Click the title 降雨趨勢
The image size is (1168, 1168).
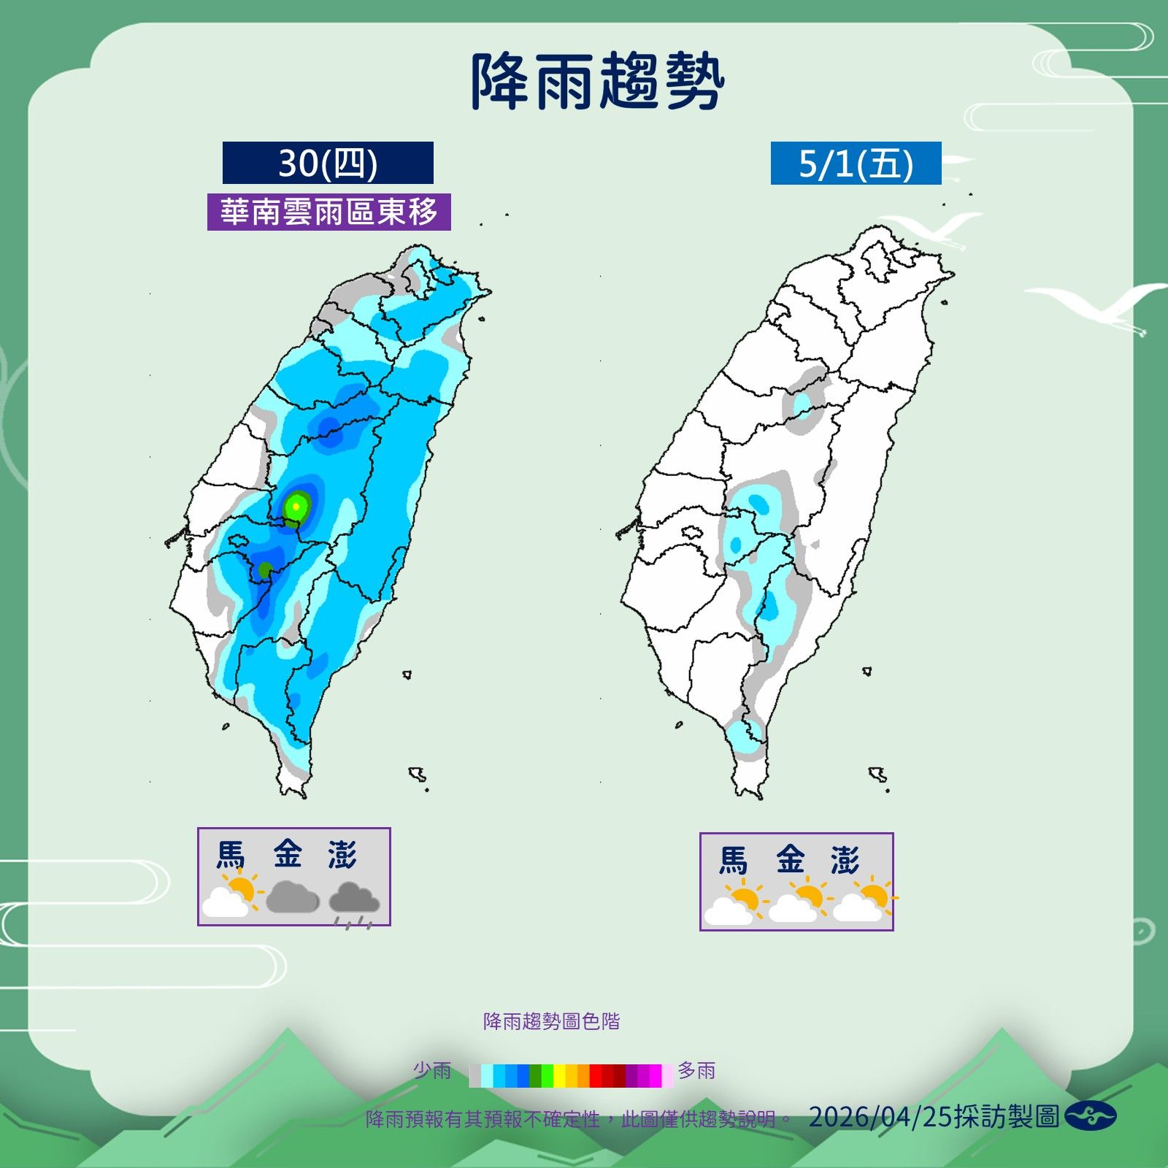[x=597, y=82]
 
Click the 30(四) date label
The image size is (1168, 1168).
[x=328, y=163]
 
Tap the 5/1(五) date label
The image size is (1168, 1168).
[x=856, y=164]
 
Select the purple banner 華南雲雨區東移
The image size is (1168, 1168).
[x=328, y=212]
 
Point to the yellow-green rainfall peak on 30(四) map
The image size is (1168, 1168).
[x=296, y=504]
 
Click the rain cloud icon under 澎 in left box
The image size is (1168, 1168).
[x=354, y=902]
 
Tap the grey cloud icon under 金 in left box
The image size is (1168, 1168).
[x=292, y=897]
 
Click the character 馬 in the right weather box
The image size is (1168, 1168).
[x=734, y=860]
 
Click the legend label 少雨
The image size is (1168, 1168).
[x=432, y=1071]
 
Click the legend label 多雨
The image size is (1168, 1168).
[x=696, y=1071]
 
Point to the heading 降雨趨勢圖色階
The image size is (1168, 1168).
[x=551, y=1021]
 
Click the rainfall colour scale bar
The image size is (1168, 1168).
[x=571, y=1075]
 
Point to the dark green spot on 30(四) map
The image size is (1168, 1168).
[x=265, y=569]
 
